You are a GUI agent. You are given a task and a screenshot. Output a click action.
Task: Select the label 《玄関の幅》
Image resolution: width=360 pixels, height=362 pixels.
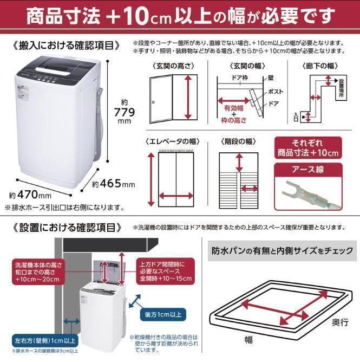[x=241, y=66]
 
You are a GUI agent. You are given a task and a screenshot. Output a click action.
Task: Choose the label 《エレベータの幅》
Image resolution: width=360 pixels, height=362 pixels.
[x=172, y=141]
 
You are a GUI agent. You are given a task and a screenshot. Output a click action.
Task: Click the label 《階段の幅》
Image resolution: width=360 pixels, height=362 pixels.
[x=238, y=141]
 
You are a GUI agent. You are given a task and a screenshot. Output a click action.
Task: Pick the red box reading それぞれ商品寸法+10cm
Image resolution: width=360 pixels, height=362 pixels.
[x=307, y=148]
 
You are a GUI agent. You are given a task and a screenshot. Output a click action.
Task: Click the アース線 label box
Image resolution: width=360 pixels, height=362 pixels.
[x=308, y=170]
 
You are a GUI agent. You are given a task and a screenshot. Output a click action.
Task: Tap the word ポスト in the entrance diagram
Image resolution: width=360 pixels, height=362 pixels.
[x=276, y=92]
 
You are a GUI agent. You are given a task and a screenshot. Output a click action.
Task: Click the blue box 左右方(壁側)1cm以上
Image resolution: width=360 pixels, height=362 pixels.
[x=38, y=341]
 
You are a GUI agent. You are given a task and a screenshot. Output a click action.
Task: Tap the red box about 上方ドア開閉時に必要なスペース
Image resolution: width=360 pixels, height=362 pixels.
[x=162, y=270]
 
